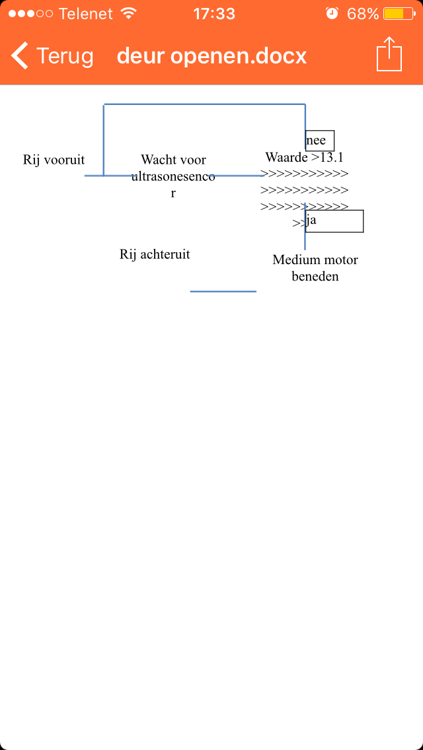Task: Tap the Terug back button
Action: (x=52, y=56)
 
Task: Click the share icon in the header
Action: (x=389, y=54)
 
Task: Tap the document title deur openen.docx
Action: (x=211, y=56)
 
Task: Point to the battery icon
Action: (x=399, y=13)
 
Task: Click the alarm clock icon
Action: (x=332, y=13)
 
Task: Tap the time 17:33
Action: (x=214, y=14)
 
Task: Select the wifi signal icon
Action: (x=128, y=13)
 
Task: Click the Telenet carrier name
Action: (x=87, y=14)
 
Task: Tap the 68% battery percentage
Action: (x=363, y=14)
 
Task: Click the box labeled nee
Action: (x=319, y=141)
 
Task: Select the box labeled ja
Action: (x=334, y=221)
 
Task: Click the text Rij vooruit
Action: (x=54, y=160)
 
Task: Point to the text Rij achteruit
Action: (x=155, y=254)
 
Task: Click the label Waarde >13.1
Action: (x=304, y=157)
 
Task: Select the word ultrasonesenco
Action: (x=173, y=176)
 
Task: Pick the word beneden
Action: (x=315, y=277)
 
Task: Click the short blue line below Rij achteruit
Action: (x=223, y=290)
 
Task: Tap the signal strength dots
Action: (x=30, y=13)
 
